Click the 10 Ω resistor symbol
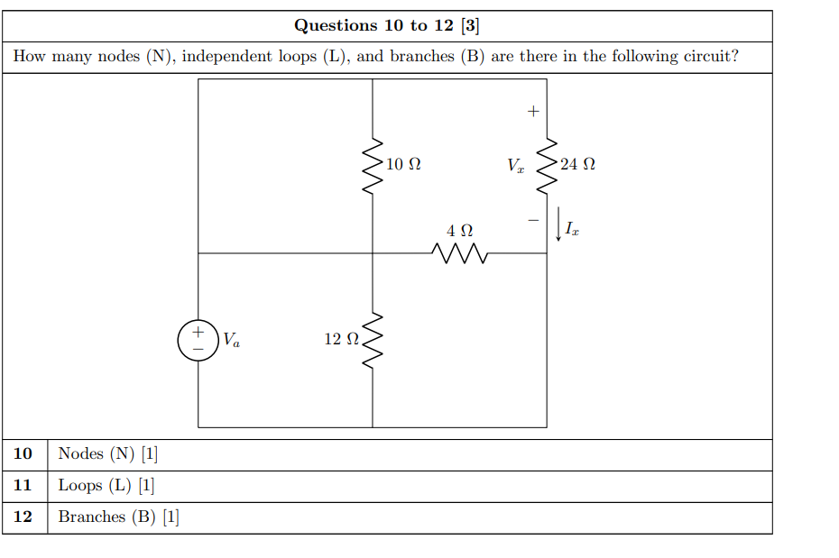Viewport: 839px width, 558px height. (372, 166)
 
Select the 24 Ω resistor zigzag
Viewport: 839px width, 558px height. (546, 166)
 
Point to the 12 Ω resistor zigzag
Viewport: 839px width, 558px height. (372, 340)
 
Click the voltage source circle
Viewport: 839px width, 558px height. (198, 340)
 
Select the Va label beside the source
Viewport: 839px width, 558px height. (232, 341)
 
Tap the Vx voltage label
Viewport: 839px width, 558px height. (515, 166)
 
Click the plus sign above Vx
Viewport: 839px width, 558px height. (532, 112)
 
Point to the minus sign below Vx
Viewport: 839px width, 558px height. (532, 219)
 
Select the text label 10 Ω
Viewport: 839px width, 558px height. (402, 165)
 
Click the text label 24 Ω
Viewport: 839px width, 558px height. (577, 165)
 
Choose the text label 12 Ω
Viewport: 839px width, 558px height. (342, 339)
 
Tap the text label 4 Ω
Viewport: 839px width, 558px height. (459, 231)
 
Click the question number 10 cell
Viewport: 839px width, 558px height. (24, 453)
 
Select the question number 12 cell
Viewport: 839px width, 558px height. (24, 517)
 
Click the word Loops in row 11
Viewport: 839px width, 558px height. (79, 485)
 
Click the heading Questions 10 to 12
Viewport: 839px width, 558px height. (380, 25)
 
